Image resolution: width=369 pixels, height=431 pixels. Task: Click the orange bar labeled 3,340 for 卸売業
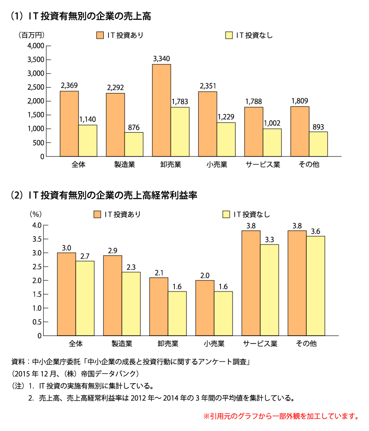point(161,111)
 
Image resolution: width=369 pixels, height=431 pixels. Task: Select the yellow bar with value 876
point(134,144)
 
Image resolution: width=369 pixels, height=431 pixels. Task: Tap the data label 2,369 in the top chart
point(69,86)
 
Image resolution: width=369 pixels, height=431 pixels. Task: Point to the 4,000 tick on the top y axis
point(36,46)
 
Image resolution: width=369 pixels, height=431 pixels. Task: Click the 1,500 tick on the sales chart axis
point(36,115)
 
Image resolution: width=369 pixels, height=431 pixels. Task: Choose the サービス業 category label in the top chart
point(263,164)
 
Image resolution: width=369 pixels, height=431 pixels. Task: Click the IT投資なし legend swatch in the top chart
point(229,35)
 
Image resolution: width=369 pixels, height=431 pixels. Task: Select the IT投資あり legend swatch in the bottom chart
point(97,214)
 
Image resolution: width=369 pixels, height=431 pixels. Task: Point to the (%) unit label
point(36,214)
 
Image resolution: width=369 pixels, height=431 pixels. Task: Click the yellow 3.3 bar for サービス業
point(269,290)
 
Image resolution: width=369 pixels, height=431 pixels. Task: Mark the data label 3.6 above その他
point(315,231)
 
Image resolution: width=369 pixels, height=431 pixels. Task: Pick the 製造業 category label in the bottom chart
point(122,344)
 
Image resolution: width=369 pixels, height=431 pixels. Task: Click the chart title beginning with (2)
point(104,195)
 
